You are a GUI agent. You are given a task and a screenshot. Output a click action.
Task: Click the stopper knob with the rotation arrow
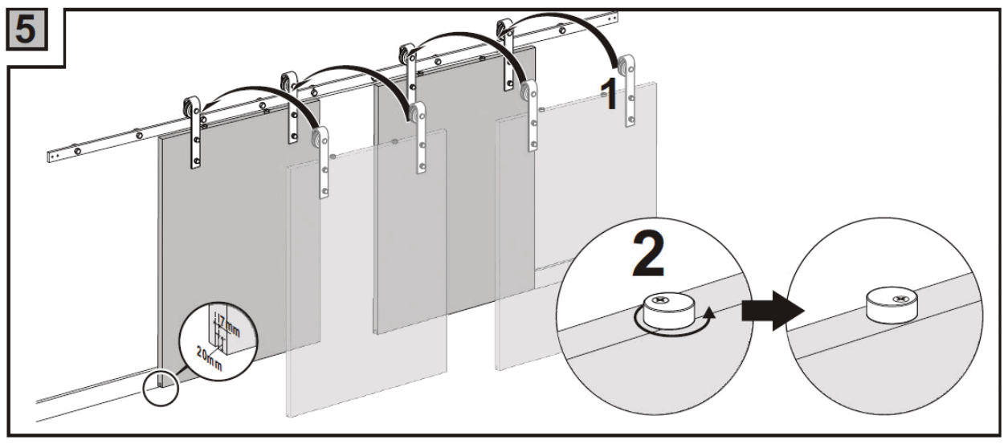pyautogui.click(x=669, y=309)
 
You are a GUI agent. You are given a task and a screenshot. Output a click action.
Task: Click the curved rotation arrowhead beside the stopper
pyautogui.click(x=708, y=319)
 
